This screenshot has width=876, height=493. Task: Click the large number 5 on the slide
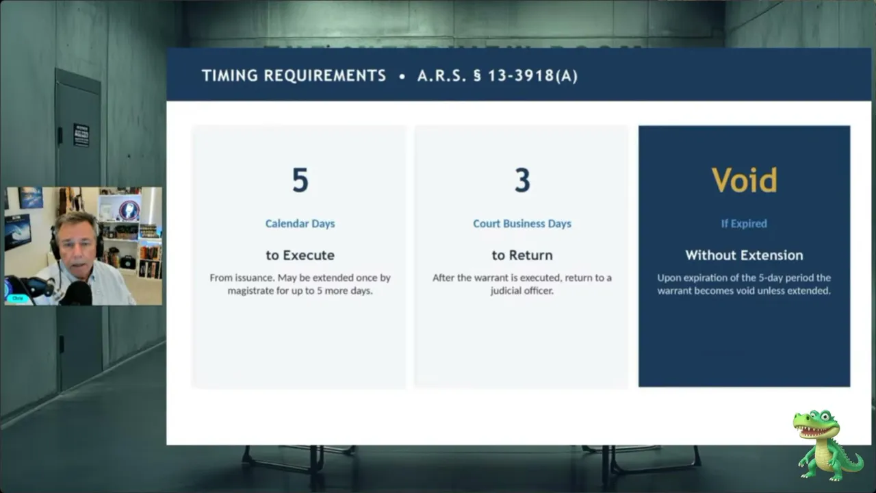(300, 180)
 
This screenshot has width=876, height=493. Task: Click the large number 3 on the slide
(522, 180)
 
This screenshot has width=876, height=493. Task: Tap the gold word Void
(744, 180)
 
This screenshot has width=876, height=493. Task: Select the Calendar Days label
(300, 223)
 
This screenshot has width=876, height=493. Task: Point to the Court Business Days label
(522, 223)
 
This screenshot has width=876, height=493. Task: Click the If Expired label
(744, 223)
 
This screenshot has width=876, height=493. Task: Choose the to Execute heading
(300, 255)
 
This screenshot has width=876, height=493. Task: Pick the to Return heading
(522, 255)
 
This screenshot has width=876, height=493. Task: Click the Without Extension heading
(744, 255)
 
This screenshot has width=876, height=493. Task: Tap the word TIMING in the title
(230, 75)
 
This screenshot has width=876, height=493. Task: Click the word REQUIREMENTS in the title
(325, 75)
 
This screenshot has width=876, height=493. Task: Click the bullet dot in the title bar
(402, 77)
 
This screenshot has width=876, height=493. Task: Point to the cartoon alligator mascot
(825, 445)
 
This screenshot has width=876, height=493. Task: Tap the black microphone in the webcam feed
(77, 292)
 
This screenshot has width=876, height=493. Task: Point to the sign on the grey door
(81, 136)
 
